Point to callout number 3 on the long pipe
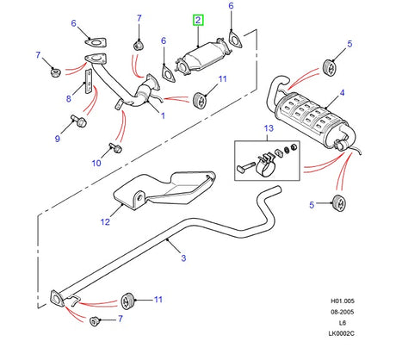pos(182,257)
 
